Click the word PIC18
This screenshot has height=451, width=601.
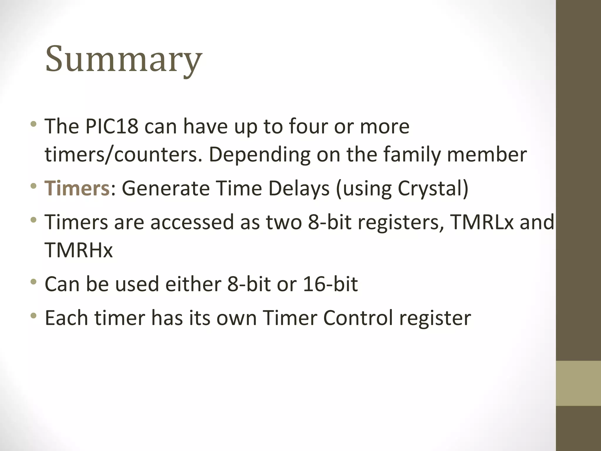pos(112,126)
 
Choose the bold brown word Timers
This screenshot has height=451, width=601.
pos(77,188)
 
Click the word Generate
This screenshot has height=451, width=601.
pos(166,188)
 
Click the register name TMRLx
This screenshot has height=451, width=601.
pos(482,222)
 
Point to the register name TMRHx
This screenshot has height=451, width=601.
pos(79,250)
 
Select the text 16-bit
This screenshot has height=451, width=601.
pos(330,284)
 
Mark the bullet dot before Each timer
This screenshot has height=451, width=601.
pos(34,316)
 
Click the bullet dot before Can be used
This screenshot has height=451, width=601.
pos(34,282)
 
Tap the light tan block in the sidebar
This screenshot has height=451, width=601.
pos(578,383)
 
